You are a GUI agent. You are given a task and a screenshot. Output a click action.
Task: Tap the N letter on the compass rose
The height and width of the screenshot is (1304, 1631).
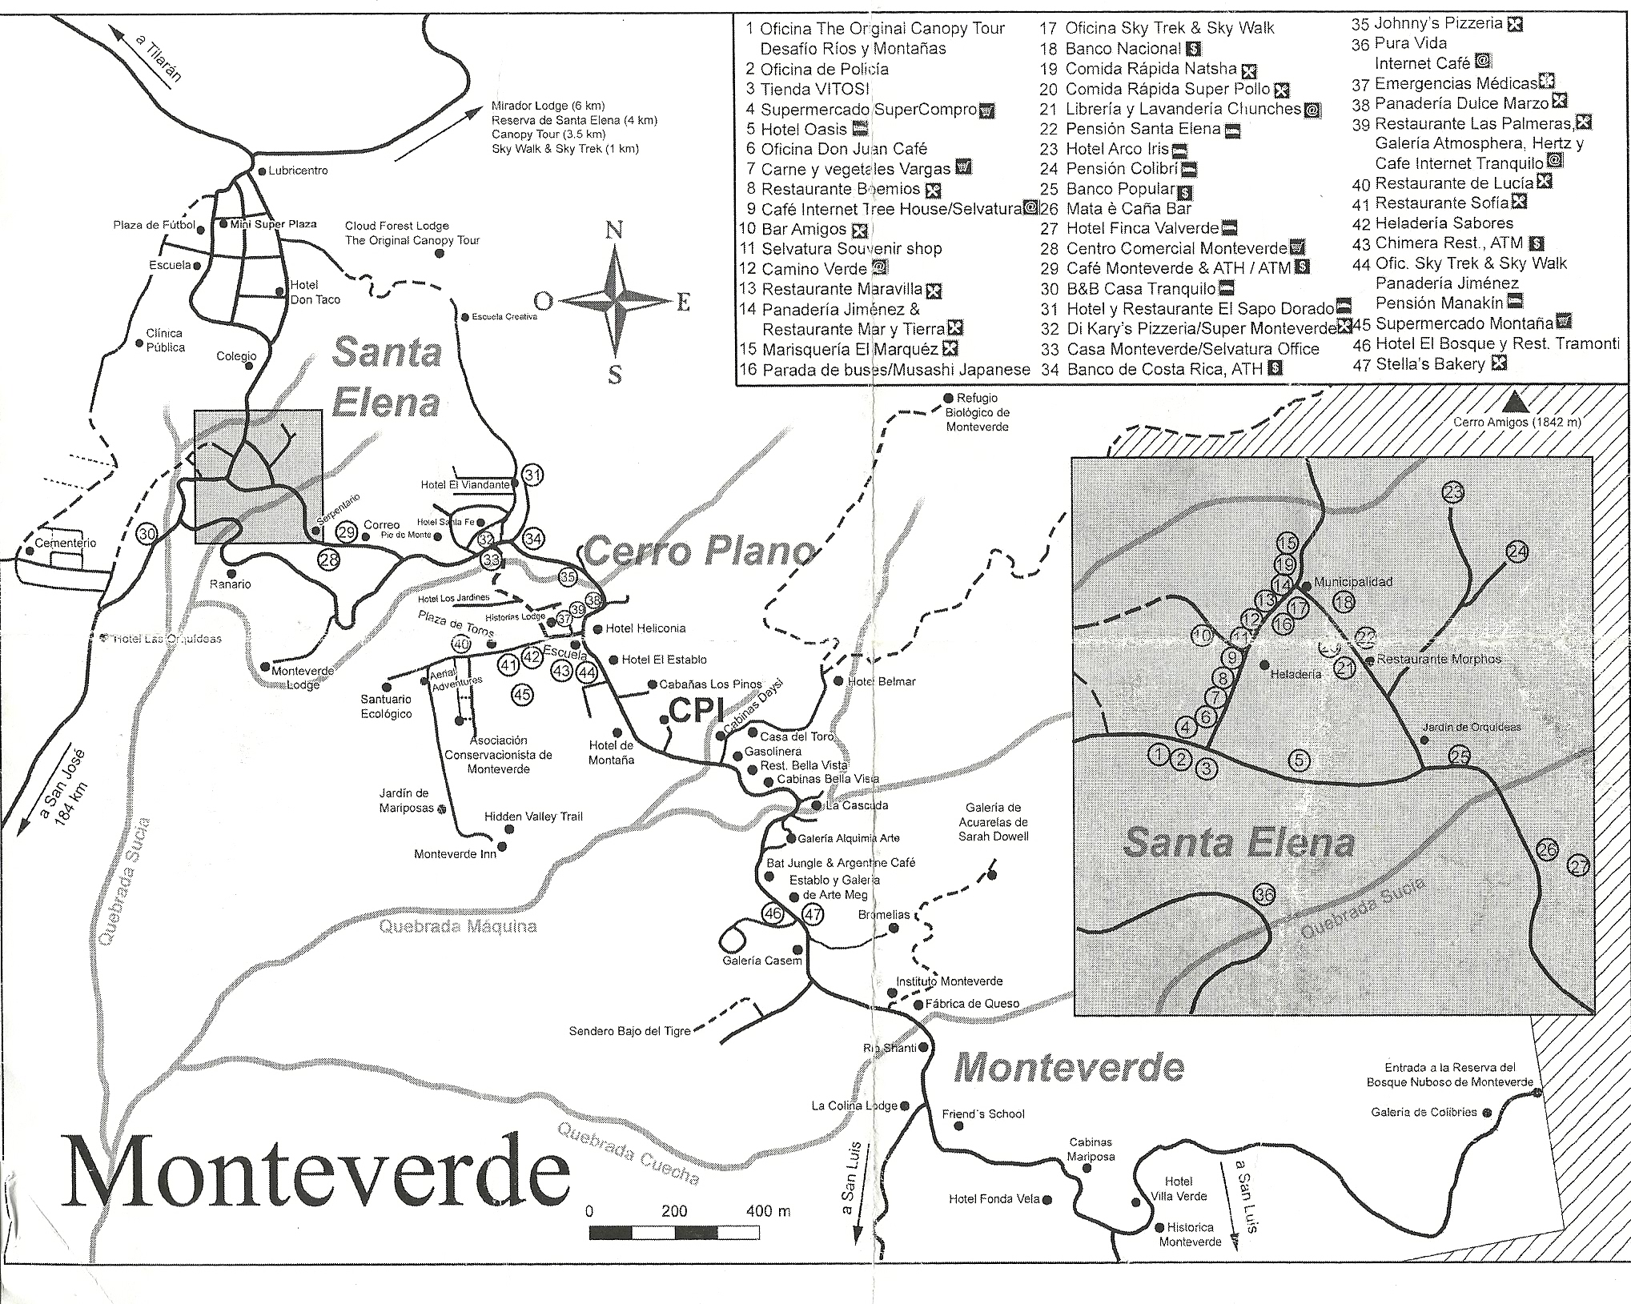614,231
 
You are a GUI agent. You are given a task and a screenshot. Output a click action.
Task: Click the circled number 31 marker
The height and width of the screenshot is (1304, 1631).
532,475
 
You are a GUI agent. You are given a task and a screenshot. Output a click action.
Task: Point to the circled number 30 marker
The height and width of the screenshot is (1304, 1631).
147,535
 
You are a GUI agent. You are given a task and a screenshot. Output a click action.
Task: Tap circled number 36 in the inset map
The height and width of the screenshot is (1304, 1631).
1264,895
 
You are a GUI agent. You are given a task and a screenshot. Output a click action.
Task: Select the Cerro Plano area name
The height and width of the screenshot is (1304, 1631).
698,552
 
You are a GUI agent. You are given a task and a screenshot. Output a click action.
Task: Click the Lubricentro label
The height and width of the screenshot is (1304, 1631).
298,171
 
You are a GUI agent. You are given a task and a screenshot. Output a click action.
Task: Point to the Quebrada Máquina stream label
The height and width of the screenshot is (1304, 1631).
456,927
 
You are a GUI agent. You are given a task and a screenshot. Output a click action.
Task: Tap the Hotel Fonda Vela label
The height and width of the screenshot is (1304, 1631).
994,1199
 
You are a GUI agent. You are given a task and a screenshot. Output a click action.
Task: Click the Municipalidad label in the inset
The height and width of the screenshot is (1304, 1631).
1353,582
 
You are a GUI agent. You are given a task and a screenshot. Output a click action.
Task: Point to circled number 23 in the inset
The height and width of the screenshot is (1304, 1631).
1453,493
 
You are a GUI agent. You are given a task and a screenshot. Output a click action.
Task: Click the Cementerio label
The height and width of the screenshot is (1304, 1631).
66,543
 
